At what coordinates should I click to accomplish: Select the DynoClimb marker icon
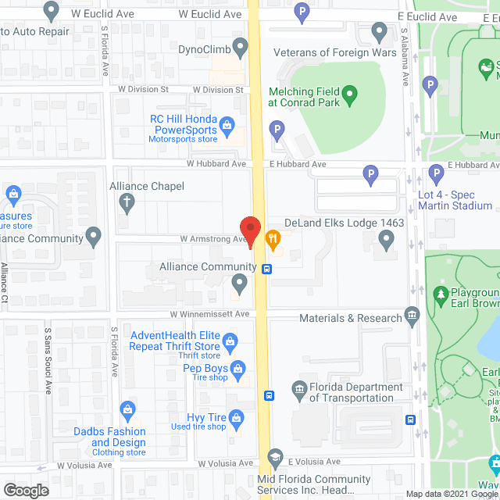pos(240,48)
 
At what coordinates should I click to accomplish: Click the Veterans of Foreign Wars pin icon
pos(380,33)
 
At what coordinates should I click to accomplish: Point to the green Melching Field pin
pos(350,97)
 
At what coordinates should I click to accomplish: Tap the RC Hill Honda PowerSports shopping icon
pos(227,123)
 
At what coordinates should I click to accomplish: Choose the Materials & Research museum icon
pos(413,315)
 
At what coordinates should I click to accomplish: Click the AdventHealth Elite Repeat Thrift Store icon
pos(230,341)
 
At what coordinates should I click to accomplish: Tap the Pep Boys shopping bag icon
pos(238,368)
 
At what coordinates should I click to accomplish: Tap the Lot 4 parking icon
pos(436,174)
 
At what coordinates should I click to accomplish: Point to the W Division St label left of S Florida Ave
pos(143,89)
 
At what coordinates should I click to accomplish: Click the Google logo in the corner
pos(26,491)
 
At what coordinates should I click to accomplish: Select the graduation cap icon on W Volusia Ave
pos(274,457)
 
